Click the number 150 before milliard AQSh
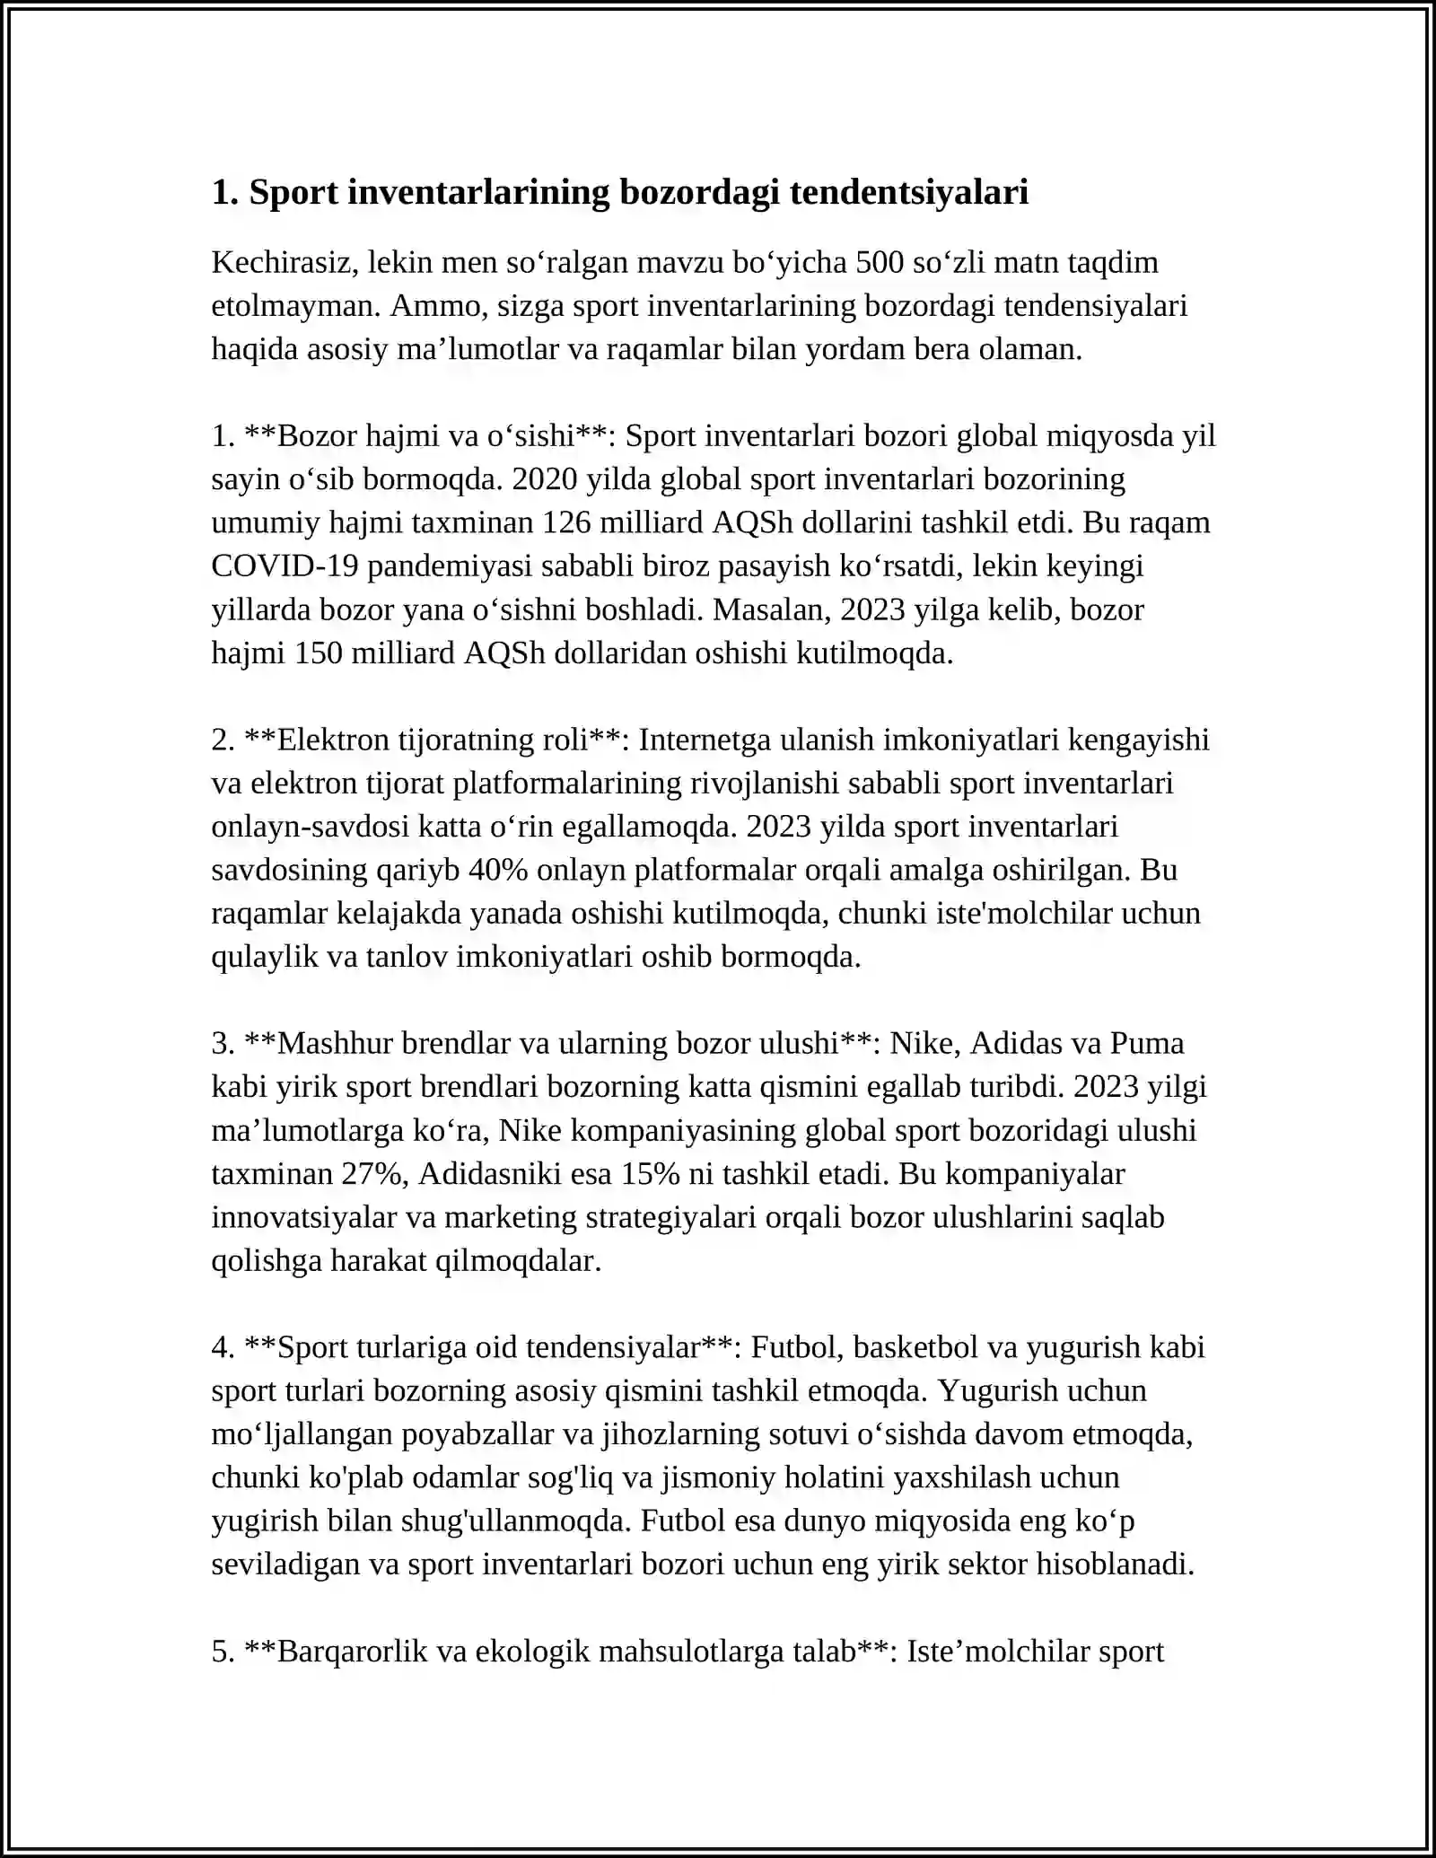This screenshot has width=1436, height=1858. [319, 653]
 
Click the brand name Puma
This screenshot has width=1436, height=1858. [1147, 1044]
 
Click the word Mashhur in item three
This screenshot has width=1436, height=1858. [335, 1044]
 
